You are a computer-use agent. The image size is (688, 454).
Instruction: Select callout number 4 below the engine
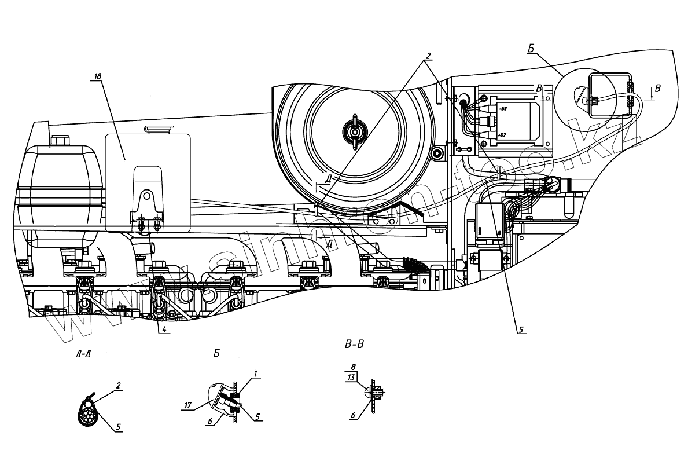(165, 331)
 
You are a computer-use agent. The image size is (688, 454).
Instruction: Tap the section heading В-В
(354, 345)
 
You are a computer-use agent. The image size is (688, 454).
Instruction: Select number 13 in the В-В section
(351, 377)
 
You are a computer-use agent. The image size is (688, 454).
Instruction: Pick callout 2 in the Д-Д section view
(118, 384)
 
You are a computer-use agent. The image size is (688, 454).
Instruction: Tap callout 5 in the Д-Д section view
(118, 427)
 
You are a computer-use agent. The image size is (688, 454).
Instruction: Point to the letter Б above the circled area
(531, 50)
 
